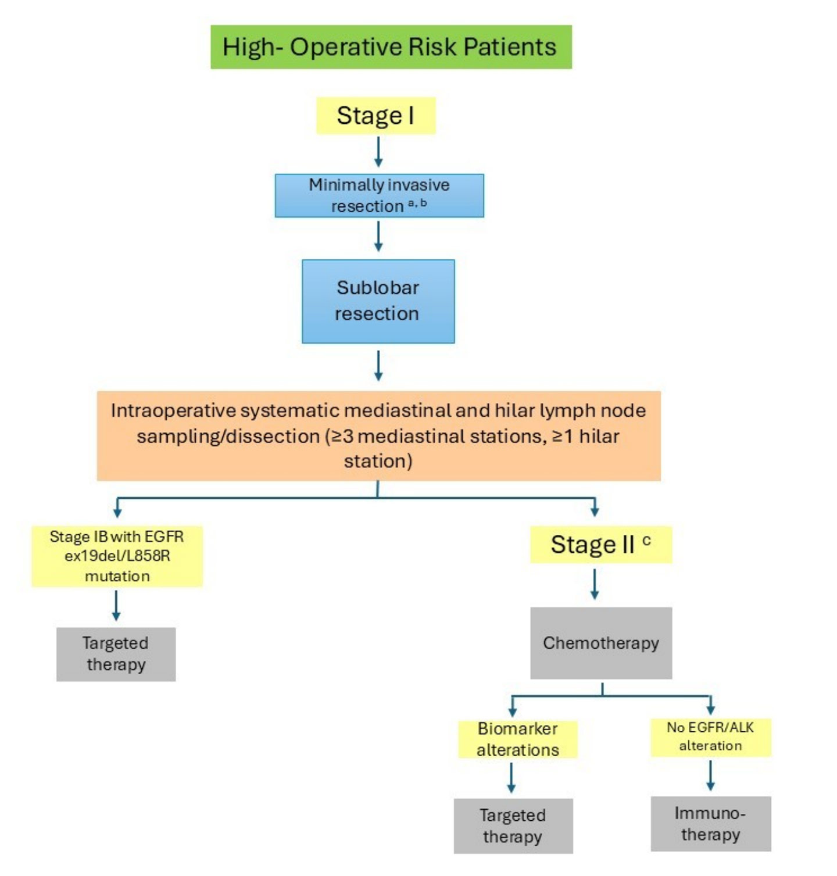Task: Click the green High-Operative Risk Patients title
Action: click(391, 47)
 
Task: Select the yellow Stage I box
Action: click(375, 116)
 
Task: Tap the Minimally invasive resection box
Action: click(379, 195)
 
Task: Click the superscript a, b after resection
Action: click(417, 203)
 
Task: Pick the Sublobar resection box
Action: click(378, 301)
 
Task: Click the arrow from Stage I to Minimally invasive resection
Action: click(378, 152)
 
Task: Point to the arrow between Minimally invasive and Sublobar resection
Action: click(378, 237)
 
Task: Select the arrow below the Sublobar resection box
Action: click(378, 366)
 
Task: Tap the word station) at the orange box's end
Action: click(378, 462)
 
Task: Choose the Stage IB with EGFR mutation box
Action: click(117, 556)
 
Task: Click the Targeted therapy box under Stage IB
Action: click(116, 654)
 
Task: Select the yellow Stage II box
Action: click(600, 545)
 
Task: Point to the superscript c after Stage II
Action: click(646, 541)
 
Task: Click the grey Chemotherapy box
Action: click(600, 643)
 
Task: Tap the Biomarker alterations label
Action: click(517, 739)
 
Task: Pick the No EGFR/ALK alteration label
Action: click(710, 736)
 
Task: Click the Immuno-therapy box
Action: click(710, 824)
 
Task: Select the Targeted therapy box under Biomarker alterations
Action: click(513, 825)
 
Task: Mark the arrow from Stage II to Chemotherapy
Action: click(594, 584)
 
